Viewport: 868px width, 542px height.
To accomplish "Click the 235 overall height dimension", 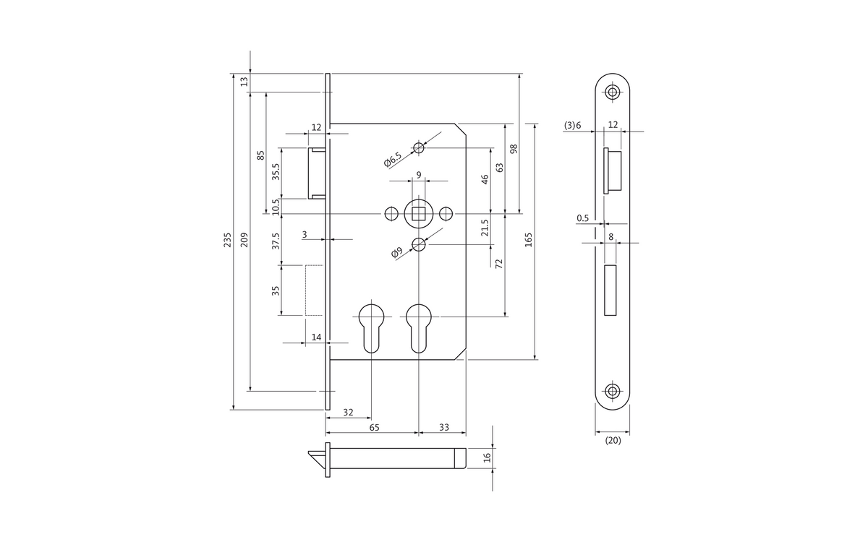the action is pyautogui.click(x=227, y=240).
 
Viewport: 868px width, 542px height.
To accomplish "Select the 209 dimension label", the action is pyautogui.click(x=244, y=240).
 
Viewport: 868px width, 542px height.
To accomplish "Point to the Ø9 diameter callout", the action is pyautogui.click(x=397, y=252).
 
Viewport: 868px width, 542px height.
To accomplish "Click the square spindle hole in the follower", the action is pyautogui.click(x=419, y=213).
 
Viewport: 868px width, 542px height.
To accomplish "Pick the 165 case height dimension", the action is pyautogui.click(x=529, y=240).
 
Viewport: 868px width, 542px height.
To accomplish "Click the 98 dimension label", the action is pyautogui.click(x=514, y=149).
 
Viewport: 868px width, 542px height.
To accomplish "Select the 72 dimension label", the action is pyautogui.click(x=499, y=264).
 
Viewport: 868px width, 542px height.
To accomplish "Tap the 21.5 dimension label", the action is pyautogui.click(x=485, y=228).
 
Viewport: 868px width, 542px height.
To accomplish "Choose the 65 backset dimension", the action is pyautogui.click(x=374, y=427).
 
